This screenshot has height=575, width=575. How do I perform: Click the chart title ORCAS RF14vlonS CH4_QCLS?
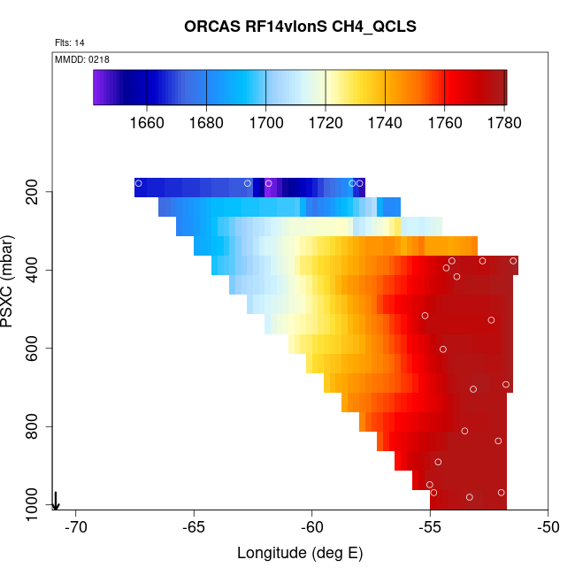pos(300,27)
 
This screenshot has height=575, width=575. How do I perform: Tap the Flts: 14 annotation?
pos(70,42)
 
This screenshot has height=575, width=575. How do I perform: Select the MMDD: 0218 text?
pos(82,59)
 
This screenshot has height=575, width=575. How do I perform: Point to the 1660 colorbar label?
pos(147,121)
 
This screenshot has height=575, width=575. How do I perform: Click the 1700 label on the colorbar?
pos(266,121)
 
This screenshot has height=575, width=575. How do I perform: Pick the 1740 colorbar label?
pos(386,121)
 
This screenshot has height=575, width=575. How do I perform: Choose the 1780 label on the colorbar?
pos(503,121)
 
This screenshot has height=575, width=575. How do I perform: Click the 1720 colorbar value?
pos(326,121)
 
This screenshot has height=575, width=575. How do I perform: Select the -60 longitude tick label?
pos(312,527)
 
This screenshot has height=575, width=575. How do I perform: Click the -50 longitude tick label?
pos(548,527)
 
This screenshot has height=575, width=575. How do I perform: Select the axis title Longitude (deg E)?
pos(300,554)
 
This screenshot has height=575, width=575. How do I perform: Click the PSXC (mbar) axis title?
pos(10,281)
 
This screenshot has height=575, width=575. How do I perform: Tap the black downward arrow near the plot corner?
pos(56,501)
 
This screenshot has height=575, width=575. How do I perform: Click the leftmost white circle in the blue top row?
pos(139,183)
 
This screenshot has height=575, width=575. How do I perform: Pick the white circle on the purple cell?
pos(269,183)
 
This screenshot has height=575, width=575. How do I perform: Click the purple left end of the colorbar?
pos(99,88)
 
